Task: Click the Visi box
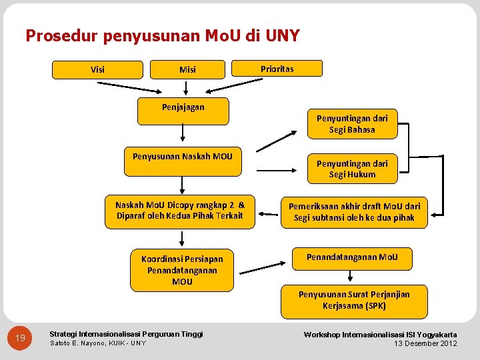click(97, 69)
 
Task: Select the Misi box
click(187, 69)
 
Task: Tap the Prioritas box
click(277, 69)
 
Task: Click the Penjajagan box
click(183, 111)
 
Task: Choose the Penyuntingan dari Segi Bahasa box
click(352, 124)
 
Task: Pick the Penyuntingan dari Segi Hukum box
click(352, 169)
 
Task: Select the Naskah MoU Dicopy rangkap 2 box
click(180, 211)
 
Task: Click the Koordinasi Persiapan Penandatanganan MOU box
click(182, 270)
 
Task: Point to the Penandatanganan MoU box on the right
click(352, 258)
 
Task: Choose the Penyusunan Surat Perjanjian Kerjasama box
click(354, 301)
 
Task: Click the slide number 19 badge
click(21, 339)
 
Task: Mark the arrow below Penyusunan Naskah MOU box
click(182, 185)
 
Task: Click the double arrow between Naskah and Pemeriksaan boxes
click(269, 214)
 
